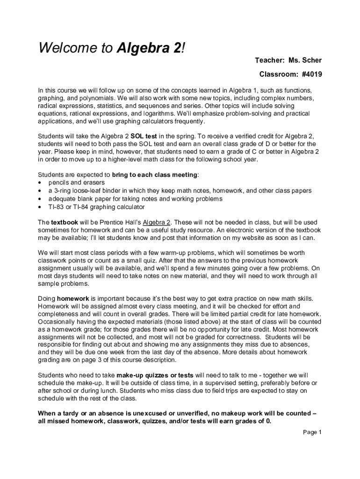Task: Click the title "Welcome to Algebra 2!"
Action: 112,48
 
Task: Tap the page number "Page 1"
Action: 312,432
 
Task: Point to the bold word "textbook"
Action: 65,222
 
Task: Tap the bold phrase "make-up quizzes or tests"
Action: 155,375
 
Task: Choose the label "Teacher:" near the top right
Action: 270,61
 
